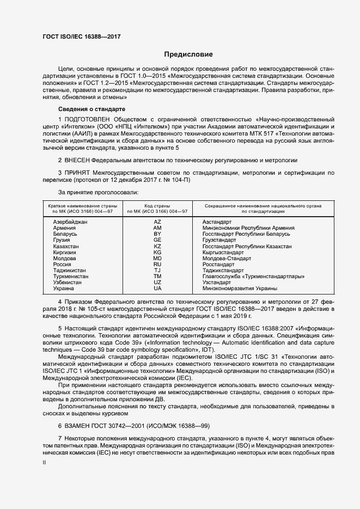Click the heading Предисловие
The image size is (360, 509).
coord(188,54)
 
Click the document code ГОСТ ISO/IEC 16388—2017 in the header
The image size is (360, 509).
coord(81,36)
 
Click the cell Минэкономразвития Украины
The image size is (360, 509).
coord(240,288)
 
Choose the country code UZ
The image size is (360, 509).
coord(157,282)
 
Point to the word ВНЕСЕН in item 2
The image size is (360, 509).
coord(77,160)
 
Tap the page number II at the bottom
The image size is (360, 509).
coord(45,462)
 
